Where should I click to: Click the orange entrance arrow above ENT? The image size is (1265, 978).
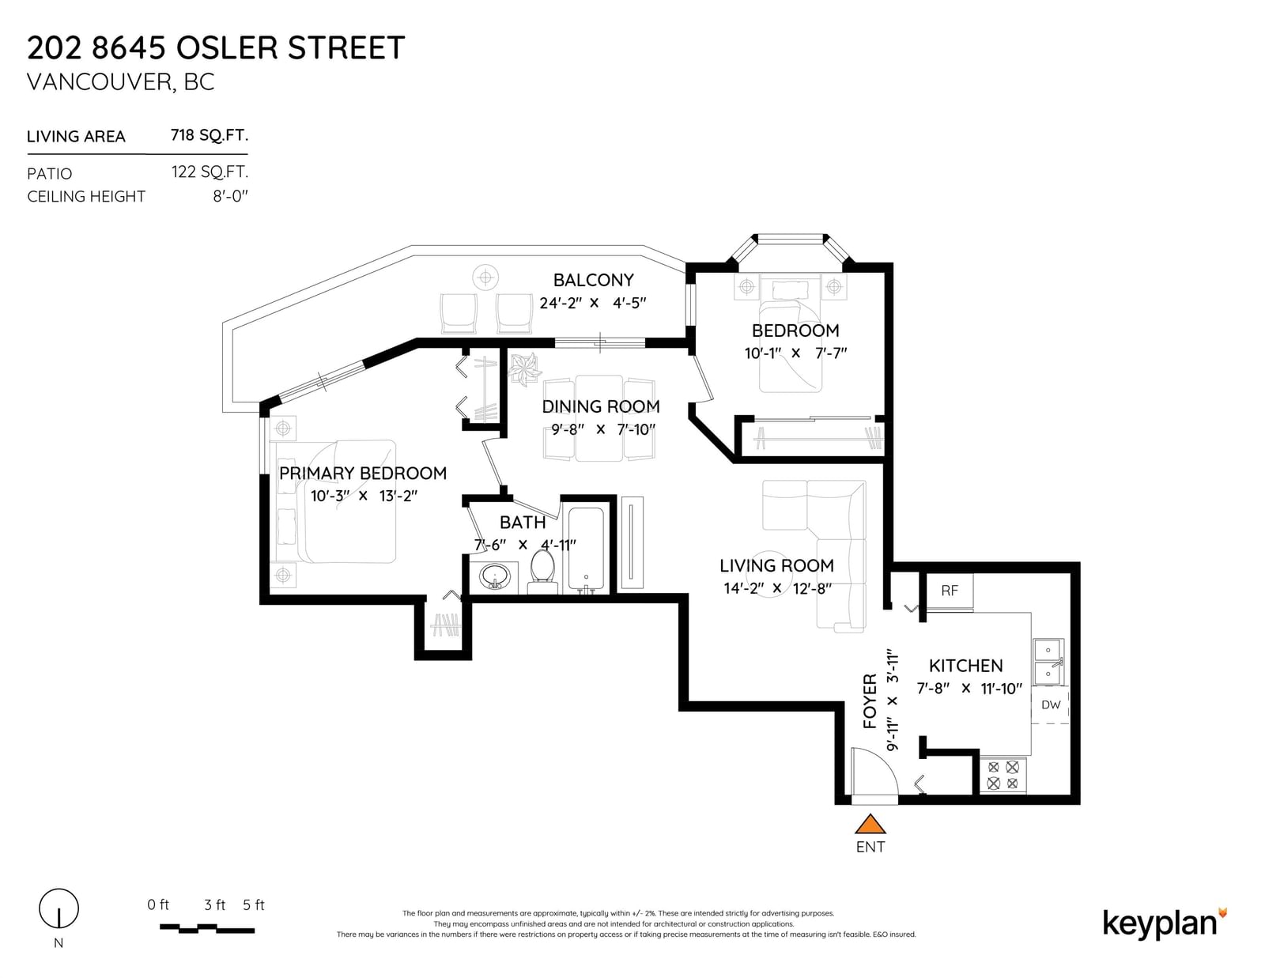(x=870, y=825)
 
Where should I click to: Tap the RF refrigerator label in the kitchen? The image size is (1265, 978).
(x=949, y=591)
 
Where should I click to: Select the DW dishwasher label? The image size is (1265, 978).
(x=1051, y=705)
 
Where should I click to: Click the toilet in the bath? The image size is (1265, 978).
(x=542, y=571)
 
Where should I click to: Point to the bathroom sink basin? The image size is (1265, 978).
(x=495, y=577)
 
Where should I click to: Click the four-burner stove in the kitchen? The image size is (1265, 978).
(x=1003, y=775)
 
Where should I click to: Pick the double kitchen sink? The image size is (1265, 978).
(x=1048, y=662)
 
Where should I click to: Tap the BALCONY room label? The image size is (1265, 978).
(x=593, y=280)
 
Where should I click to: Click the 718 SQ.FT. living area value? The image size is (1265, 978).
(x=209, y=136)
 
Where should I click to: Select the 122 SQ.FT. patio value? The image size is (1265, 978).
(x=210, y=172)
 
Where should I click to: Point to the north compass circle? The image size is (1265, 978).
(x=59, y=908)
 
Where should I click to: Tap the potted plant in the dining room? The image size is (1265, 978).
(x=525, y=370)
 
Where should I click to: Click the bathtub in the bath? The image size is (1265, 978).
(x=586, y=550)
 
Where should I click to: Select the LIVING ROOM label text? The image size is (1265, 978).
(x=776, y=565)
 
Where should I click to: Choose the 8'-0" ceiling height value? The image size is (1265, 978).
(x=230, y=196)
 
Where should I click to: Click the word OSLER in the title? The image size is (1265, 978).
(x=226, y=47)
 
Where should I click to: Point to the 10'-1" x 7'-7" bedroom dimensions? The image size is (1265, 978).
(x=795, y=353)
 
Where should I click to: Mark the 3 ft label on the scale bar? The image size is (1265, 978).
(x=214, y=904)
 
